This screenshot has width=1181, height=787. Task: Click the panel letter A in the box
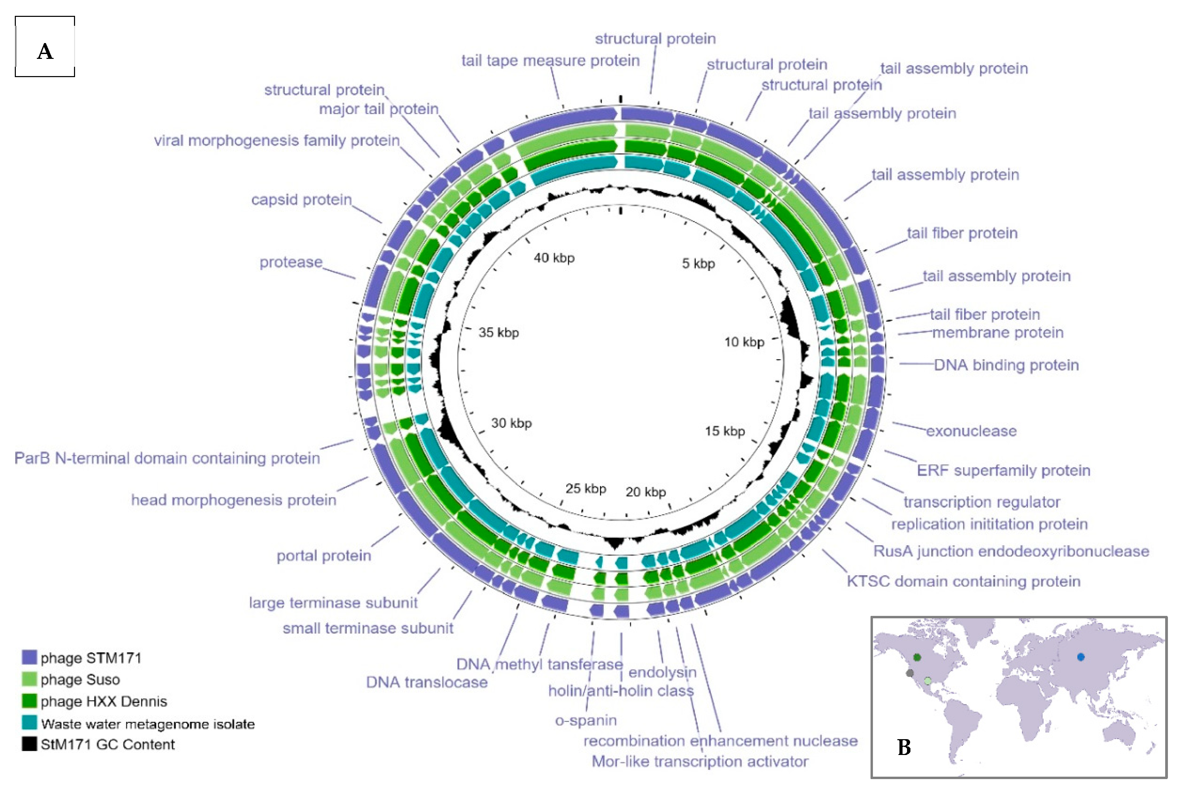click(45, 51)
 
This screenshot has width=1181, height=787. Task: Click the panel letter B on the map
click(904, 747)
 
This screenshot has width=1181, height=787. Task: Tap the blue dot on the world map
click(1080, 657)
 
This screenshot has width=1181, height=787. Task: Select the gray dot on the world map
click(909, 673)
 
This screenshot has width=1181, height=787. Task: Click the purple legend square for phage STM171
click(29, 658)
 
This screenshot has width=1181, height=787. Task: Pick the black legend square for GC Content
click(29, 744)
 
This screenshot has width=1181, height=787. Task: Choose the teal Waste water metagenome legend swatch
click(29, 723)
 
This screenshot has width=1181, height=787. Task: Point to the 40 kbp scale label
click(554, 258)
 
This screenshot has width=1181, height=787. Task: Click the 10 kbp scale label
click(744, 342)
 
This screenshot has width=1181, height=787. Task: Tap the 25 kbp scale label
click(586, 489)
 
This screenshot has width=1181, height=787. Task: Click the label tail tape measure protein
click(550, 61)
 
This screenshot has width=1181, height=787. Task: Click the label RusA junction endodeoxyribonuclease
click(1011, 551)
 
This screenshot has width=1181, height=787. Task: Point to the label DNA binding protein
click(1006, 365)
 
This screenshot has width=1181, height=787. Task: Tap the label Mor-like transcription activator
click(700, 762)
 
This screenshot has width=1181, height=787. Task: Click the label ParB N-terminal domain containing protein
click(167, 458)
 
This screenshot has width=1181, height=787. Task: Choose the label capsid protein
click(302, 200)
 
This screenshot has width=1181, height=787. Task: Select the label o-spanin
click(586, 720)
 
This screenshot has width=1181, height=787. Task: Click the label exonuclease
click(971, 431)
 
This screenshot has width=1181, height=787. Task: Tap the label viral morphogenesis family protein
click(276, 140)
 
